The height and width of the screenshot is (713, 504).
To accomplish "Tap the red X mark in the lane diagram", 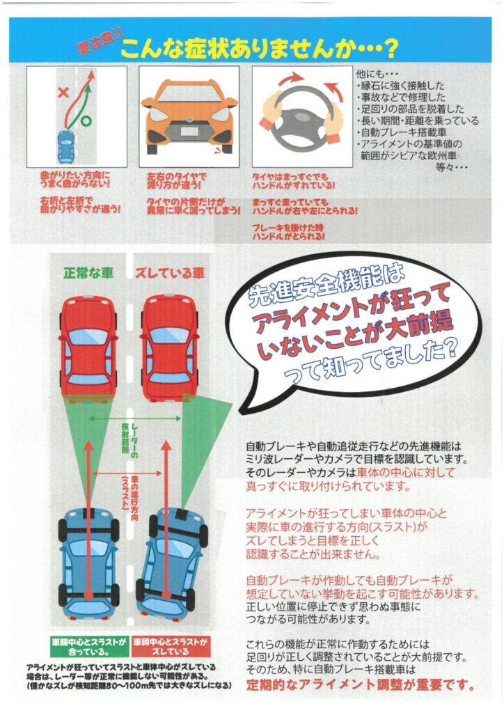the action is (63, 93).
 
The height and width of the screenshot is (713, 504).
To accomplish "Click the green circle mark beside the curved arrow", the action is (86, 121).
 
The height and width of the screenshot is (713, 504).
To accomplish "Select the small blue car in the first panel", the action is (66, 146).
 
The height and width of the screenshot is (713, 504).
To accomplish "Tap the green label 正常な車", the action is (88, 274).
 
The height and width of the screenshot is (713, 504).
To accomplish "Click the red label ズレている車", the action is (170, 274).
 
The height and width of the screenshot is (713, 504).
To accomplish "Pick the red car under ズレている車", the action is (170, 347).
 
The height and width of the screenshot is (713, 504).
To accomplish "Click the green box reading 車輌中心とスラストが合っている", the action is (89, 646).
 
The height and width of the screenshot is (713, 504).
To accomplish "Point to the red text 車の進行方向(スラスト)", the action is (129, 493).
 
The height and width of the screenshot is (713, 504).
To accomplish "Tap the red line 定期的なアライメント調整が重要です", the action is (360, 684).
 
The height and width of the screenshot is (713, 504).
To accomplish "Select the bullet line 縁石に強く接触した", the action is (400, 86).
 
